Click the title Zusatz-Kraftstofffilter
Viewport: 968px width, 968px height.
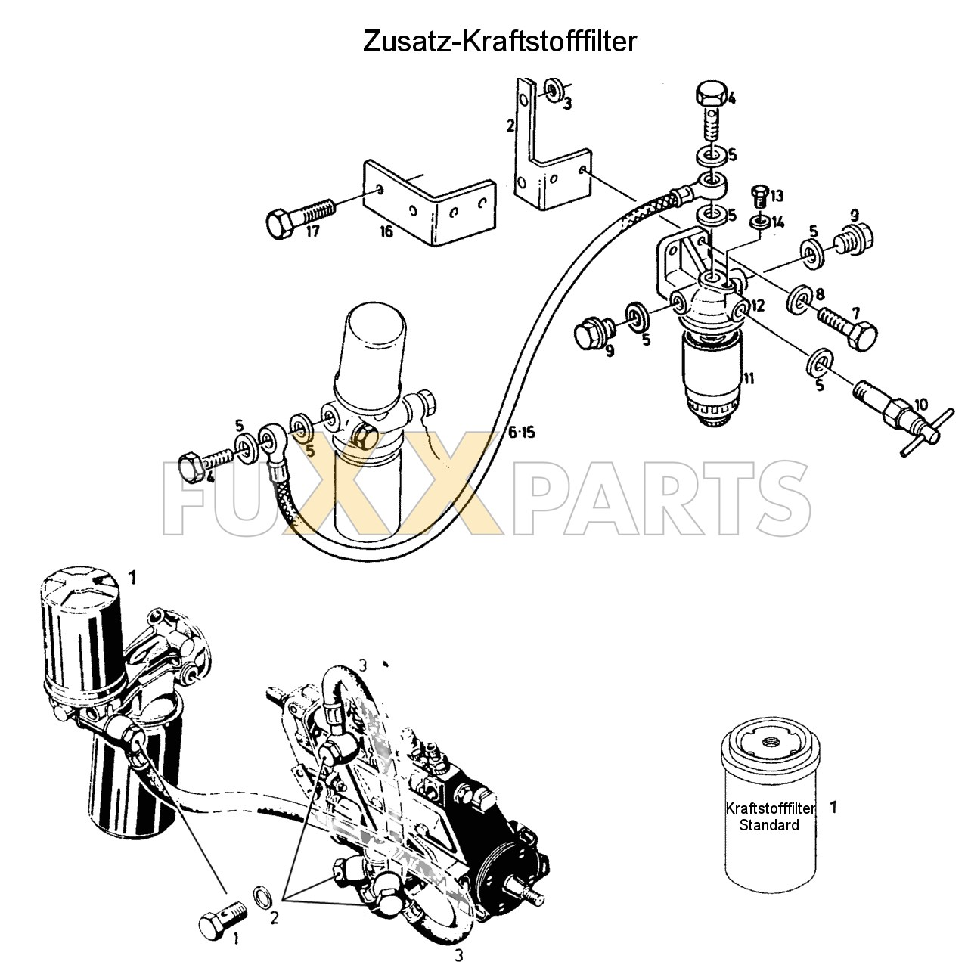point(499,42)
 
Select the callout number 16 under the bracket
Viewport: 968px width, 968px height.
point(386,231)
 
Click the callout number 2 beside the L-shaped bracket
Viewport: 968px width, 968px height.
point(510,126)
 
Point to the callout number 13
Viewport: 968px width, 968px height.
point(777,195)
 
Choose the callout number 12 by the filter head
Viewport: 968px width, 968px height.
point(758,305)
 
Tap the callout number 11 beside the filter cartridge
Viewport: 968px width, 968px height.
point(749,378)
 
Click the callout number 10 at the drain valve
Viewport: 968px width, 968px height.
point(922,404)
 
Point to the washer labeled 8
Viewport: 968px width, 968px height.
point(798,299)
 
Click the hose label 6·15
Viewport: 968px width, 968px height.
point(521,432)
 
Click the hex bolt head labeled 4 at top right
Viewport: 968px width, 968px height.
point(712,95)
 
